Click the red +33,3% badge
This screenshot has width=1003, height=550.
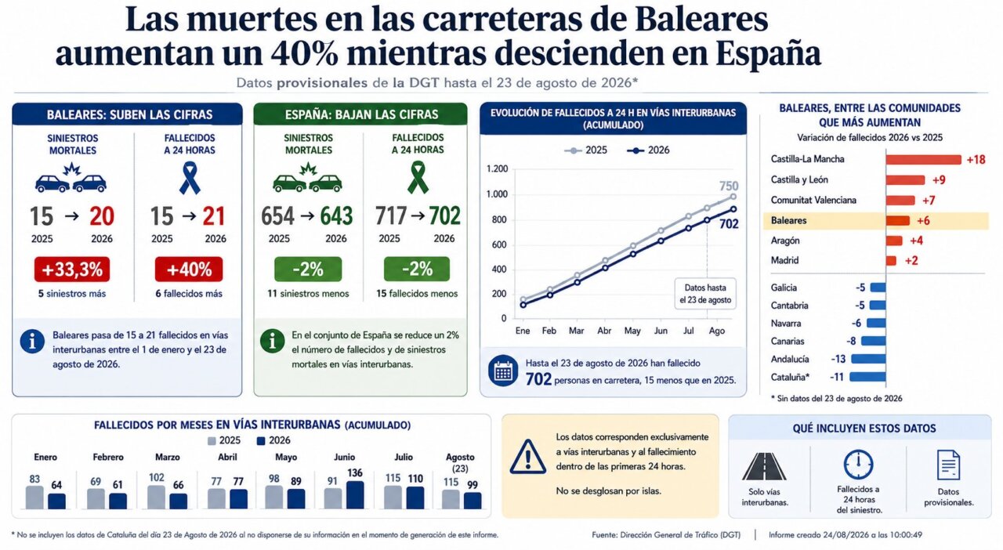pos(71,270)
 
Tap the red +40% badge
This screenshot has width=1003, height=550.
pos(189,270)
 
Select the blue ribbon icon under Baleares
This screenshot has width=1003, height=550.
pos(190,178)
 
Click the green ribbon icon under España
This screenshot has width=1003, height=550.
pos(418,177)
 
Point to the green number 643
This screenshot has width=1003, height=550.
pos(336,216)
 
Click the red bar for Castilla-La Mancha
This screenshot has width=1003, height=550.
pos(923,160)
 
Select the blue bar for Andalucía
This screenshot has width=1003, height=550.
pos(868,359)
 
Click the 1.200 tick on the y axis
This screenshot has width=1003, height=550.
pos(497,169)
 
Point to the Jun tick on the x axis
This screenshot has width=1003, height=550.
pos(661,331)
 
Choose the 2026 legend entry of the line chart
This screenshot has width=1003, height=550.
pos(648,150)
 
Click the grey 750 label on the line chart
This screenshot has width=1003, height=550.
pos(729,186)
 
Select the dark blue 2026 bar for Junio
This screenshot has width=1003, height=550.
pos(355,495)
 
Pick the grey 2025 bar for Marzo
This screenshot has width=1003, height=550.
pos(156,498)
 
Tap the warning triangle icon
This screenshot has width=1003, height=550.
pos(528,457)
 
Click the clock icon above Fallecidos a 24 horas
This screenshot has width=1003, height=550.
pos(858,465)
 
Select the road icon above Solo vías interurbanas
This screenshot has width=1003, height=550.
pos(764,466)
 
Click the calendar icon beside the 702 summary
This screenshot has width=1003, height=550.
pos(503,371)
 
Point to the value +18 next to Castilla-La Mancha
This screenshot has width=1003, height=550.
pos(976,160)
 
